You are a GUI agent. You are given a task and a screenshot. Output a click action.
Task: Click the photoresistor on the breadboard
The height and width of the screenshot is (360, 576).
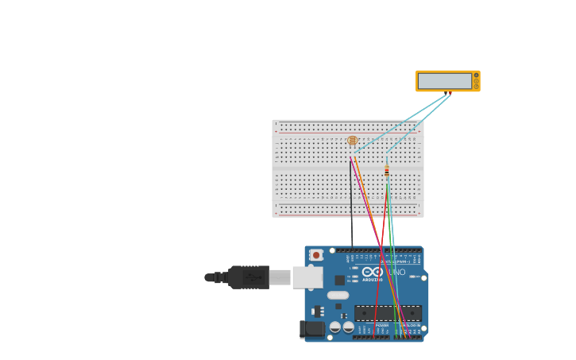(353, 141)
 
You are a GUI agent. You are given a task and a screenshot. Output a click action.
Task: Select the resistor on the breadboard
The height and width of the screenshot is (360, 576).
(387, 171)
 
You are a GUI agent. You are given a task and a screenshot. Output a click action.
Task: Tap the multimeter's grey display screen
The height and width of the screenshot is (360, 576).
(445, 81)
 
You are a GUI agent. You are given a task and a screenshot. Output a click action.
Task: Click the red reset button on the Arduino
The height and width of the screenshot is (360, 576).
(316, 255)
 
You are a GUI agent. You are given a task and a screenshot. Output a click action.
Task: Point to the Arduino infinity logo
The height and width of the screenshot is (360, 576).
(373, 272)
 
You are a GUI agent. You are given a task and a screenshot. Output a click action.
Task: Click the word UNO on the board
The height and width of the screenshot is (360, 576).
(396, 273)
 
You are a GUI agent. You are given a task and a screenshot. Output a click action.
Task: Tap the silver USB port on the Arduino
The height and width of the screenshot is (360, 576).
(307, 277)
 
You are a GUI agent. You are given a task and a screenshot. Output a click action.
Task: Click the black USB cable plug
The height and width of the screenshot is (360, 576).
(249, 277)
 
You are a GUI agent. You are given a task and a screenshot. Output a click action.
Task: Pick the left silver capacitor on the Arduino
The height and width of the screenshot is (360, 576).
(335, 327)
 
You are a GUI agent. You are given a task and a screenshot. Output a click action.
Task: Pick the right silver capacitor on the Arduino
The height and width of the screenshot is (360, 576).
(348, 327)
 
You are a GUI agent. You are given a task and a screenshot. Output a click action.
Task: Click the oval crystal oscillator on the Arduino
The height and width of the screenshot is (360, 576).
(338, 295)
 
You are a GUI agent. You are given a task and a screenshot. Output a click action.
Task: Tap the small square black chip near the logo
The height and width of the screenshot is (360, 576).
(340, 280)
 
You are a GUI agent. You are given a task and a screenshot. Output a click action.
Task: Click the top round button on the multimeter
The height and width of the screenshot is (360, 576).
(476, 75)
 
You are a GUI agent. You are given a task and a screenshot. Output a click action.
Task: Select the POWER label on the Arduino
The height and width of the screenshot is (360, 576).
(382, 325)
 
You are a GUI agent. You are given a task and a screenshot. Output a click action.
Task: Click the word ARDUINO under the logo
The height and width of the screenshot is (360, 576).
(372, 280)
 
